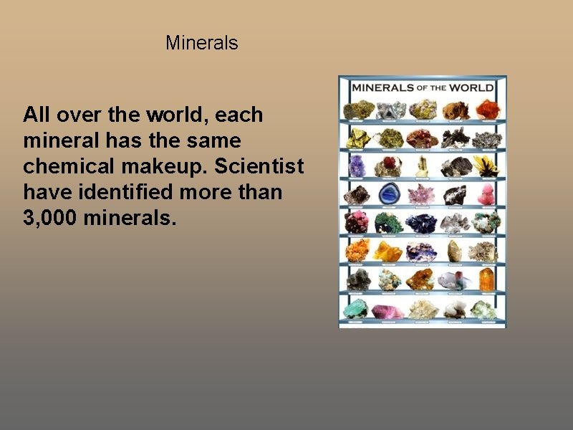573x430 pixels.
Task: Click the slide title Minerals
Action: pos(201,43)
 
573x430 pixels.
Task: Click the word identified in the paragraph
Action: pos(126,192)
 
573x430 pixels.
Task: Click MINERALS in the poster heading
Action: pos(382,87)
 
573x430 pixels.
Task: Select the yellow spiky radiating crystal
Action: pos(485,165)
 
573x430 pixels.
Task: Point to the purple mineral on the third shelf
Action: pos(356,166)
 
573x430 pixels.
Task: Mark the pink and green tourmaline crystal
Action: pos(454,279)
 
